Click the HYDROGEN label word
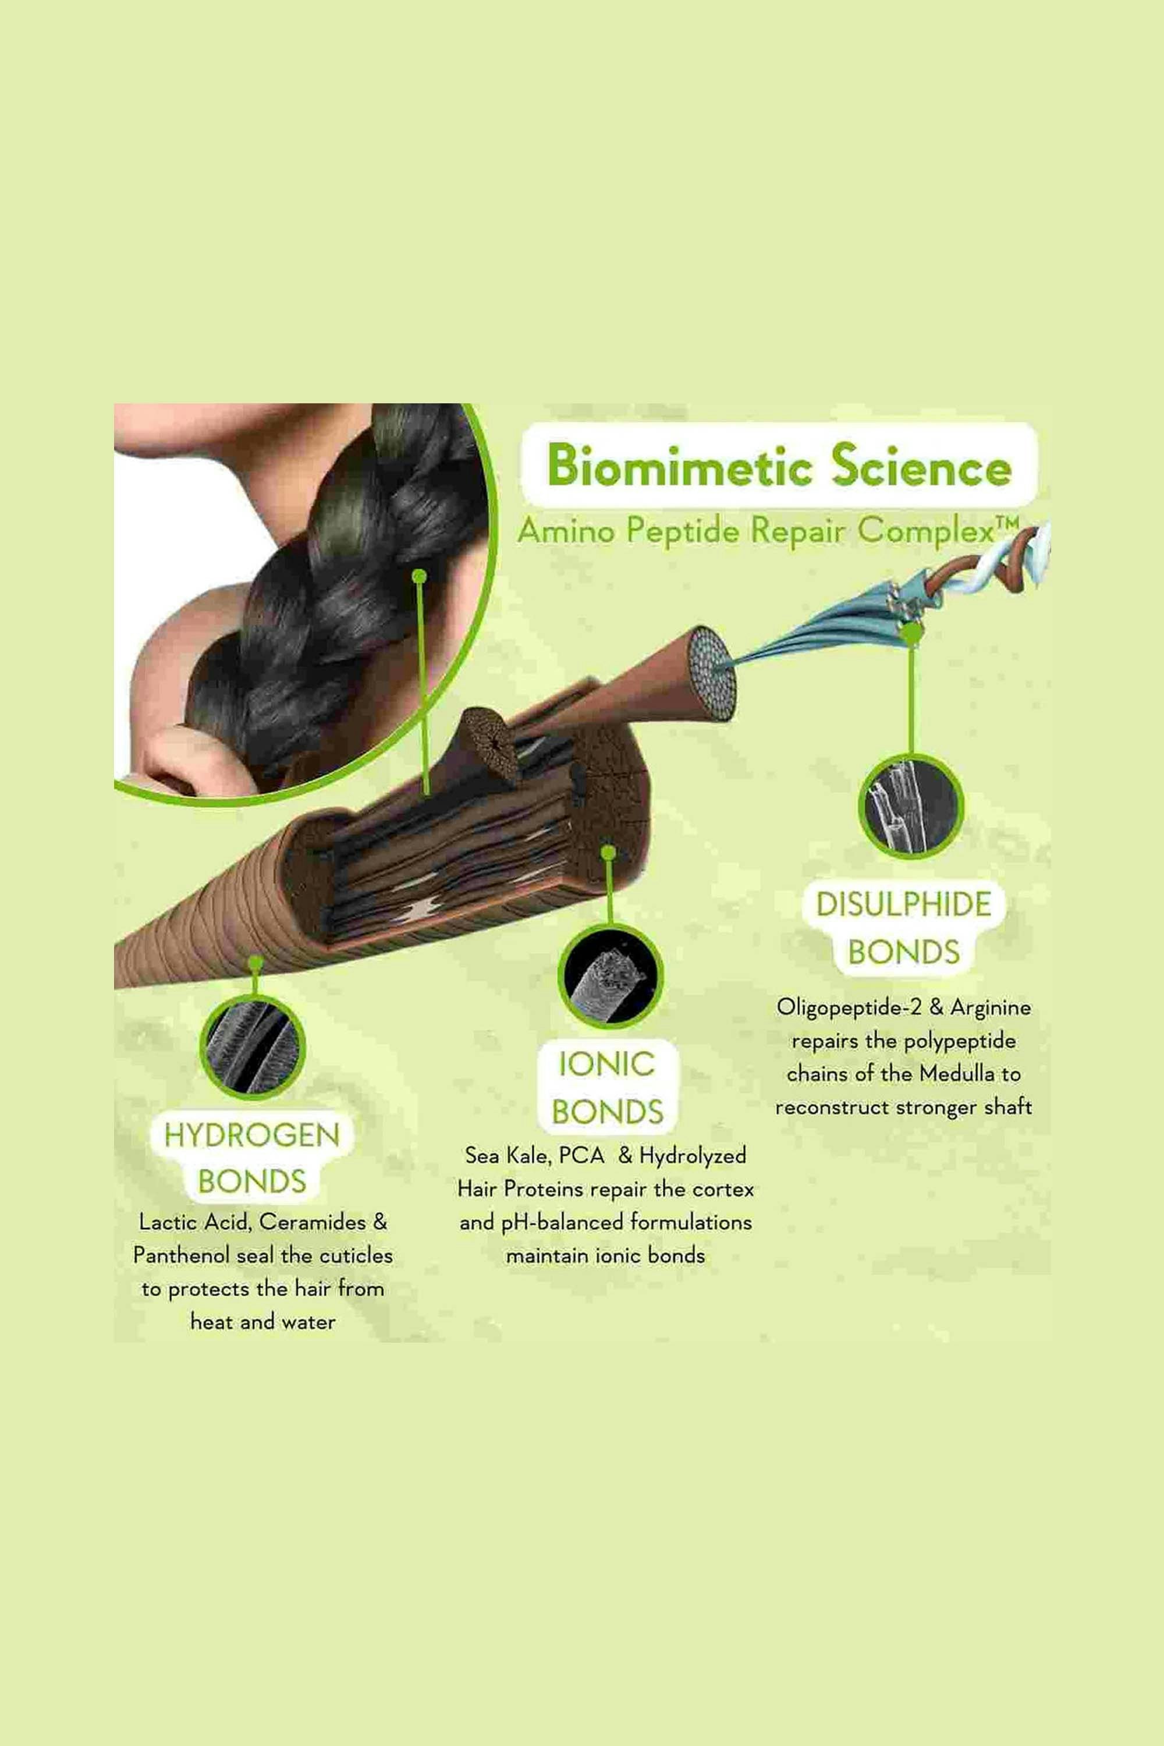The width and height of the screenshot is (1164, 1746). (x=251, y=1135)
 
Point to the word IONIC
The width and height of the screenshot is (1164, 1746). (x=606, y=1064)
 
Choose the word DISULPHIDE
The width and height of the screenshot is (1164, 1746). (x=903, y=904)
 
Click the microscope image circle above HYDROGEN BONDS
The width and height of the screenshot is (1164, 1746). (x=253, y=1046)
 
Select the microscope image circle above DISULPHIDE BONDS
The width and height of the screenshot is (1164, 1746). (x=911, y=805)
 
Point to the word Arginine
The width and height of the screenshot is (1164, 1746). (x=991, y=1007)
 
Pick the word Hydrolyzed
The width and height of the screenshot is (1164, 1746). (x=693, y=1156)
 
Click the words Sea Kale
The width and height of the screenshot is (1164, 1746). (x=508, y=1155)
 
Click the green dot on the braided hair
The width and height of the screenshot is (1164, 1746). (x=418, y=576)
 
